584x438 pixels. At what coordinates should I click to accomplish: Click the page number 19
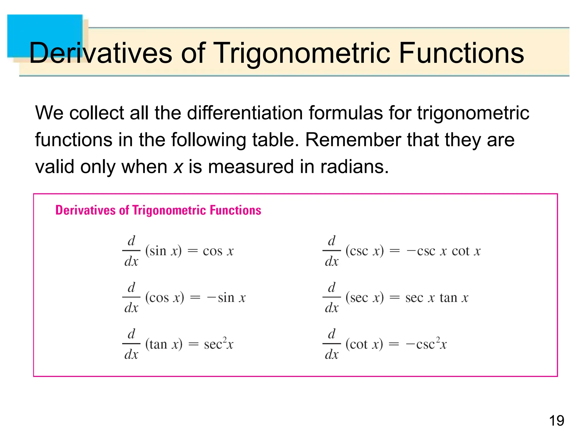[x=556, y=421]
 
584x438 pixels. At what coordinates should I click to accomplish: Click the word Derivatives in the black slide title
[x=100, y=53]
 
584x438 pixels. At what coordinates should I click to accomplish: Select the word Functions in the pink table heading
[x=235, y=210]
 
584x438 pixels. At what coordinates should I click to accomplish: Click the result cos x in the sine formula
[x=218, y=251]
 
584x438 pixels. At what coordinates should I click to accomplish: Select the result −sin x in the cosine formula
[x=226, y=298]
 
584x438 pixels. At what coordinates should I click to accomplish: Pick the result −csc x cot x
[x=443, y=251]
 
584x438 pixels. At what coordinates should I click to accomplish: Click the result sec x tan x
[x=437, y=298]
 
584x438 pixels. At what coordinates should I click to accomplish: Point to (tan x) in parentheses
[x=164, y=344]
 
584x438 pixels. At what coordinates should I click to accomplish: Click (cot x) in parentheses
[x=364, y=344]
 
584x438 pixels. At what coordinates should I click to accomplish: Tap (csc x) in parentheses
[x=364, y=251]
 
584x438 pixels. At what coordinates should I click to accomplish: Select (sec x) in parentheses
[x=364, y=298]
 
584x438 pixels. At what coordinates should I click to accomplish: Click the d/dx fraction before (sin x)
[x=131, y=251]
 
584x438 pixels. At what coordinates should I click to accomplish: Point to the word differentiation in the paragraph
[x=246, y=113]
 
